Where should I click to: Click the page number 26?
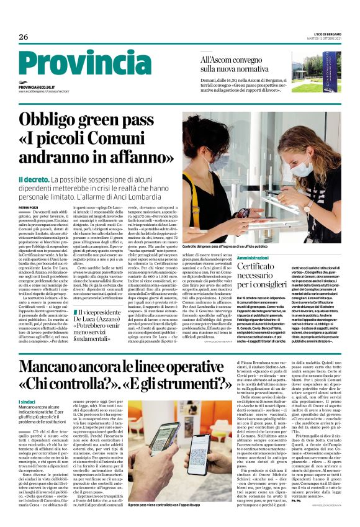[x=24, y=37]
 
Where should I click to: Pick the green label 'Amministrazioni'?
[x=235, y=257]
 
